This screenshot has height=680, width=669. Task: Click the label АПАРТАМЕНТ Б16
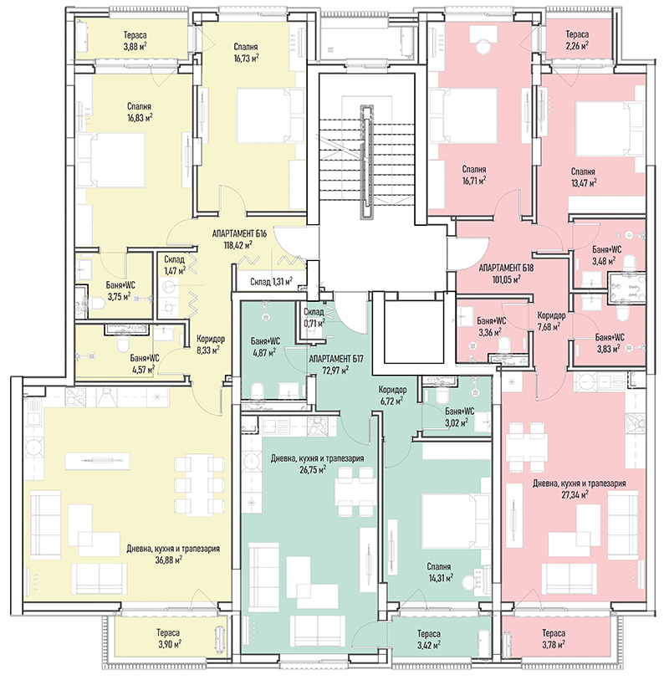pos(239,233)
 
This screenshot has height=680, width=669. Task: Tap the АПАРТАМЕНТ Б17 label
pos(336,359)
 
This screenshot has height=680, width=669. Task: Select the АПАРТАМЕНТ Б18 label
pos(506,268)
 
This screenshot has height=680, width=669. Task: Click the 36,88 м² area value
pos(169,560)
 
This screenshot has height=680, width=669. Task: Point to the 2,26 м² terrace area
pos(577,45)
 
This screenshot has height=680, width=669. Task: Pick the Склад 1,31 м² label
pos(271,282)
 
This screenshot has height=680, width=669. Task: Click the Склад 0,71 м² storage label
pos(314,318)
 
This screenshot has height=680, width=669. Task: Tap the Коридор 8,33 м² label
pos(210,344)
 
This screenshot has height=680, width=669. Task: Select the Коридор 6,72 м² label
pos(391,395)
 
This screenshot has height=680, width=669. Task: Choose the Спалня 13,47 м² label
pos(583,177)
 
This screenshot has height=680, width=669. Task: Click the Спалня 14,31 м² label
pos(439,571)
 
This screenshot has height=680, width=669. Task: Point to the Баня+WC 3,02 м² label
pos(459,417)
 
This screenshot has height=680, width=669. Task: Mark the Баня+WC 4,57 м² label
pos(145,363)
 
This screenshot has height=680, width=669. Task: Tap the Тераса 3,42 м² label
pos(428,639)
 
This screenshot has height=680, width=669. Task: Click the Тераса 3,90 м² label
pos(169,638)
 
